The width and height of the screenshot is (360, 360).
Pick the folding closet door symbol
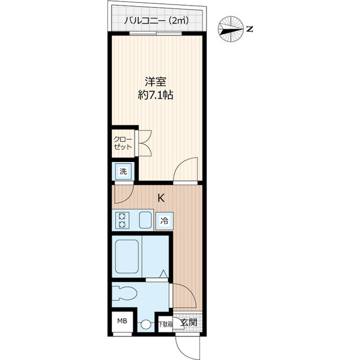143,143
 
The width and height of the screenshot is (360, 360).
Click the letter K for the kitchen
161,198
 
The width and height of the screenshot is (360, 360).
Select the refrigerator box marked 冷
165,222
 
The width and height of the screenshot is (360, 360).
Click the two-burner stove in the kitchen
122,220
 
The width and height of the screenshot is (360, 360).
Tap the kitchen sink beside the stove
145,220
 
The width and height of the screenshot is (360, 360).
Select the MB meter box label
122,322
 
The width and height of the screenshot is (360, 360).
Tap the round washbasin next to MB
146,325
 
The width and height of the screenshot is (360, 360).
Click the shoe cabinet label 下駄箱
165,324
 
